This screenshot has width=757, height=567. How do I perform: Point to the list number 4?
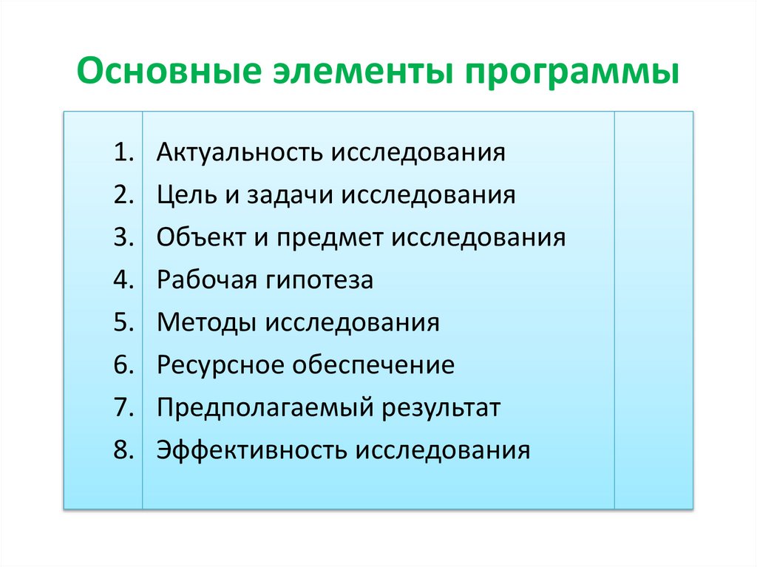123,280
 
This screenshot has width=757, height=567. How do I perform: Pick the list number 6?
123,365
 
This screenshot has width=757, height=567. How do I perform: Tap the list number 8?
123,450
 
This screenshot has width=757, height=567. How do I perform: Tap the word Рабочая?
203,280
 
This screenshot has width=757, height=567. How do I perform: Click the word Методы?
203,322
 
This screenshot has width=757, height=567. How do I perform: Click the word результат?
441,408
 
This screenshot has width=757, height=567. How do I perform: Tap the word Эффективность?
251,450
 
